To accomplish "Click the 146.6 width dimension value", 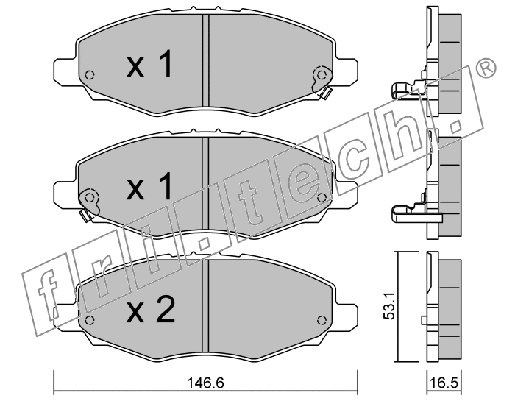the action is [205, 383].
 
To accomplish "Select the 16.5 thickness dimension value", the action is [445, 383].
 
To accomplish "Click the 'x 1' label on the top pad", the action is [149, 64].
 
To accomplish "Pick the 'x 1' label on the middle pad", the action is [149, 186].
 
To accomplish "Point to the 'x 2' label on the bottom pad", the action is [151, 309].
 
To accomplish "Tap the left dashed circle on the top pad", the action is [90, 75].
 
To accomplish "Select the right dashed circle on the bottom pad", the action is [322, 320].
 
